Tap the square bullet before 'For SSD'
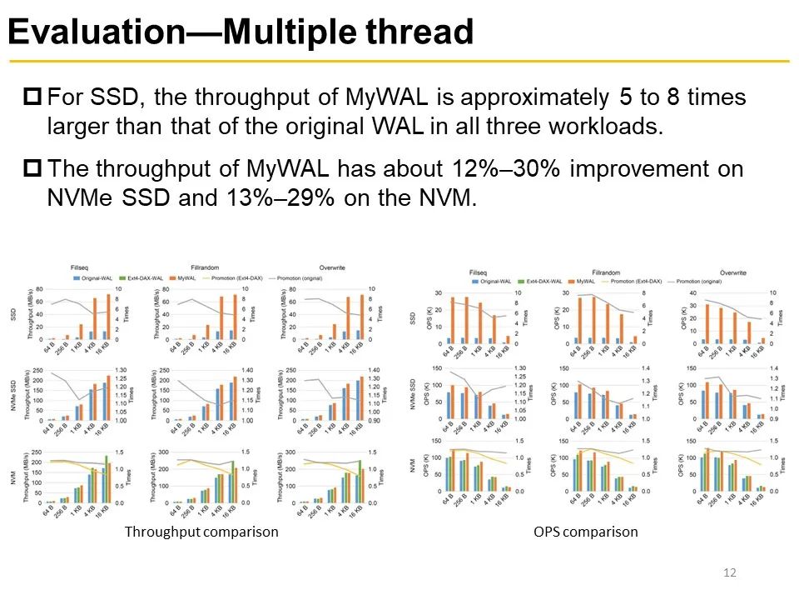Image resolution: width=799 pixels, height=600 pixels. coord(33,97)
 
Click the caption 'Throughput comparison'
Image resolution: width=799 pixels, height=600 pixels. coord(201,531)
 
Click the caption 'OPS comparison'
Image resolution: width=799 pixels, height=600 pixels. coord(586,531)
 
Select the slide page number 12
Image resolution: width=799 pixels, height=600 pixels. coord(732,572)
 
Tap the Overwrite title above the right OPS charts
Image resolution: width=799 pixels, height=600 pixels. coord(733,272)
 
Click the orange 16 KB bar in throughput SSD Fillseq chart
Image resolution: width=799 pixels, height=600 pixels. coord(108,317)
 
